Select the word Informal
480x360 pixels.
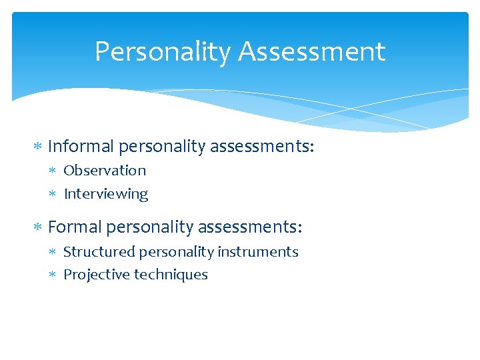[x=83, y=145]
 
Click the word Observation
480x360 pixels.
[x=105, y=171]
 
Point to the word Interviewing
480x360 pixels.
[x=106, y=194]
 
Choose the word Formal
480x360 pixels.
[x=75, y=227]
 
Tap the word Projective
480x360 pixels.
[x=97, y=275]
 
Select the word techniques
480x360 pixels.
[x=171, y=275]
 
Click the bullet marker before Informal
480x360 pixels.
[x=38, y=146]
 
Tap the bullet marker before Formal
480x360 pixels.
[x=38, y=228]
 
